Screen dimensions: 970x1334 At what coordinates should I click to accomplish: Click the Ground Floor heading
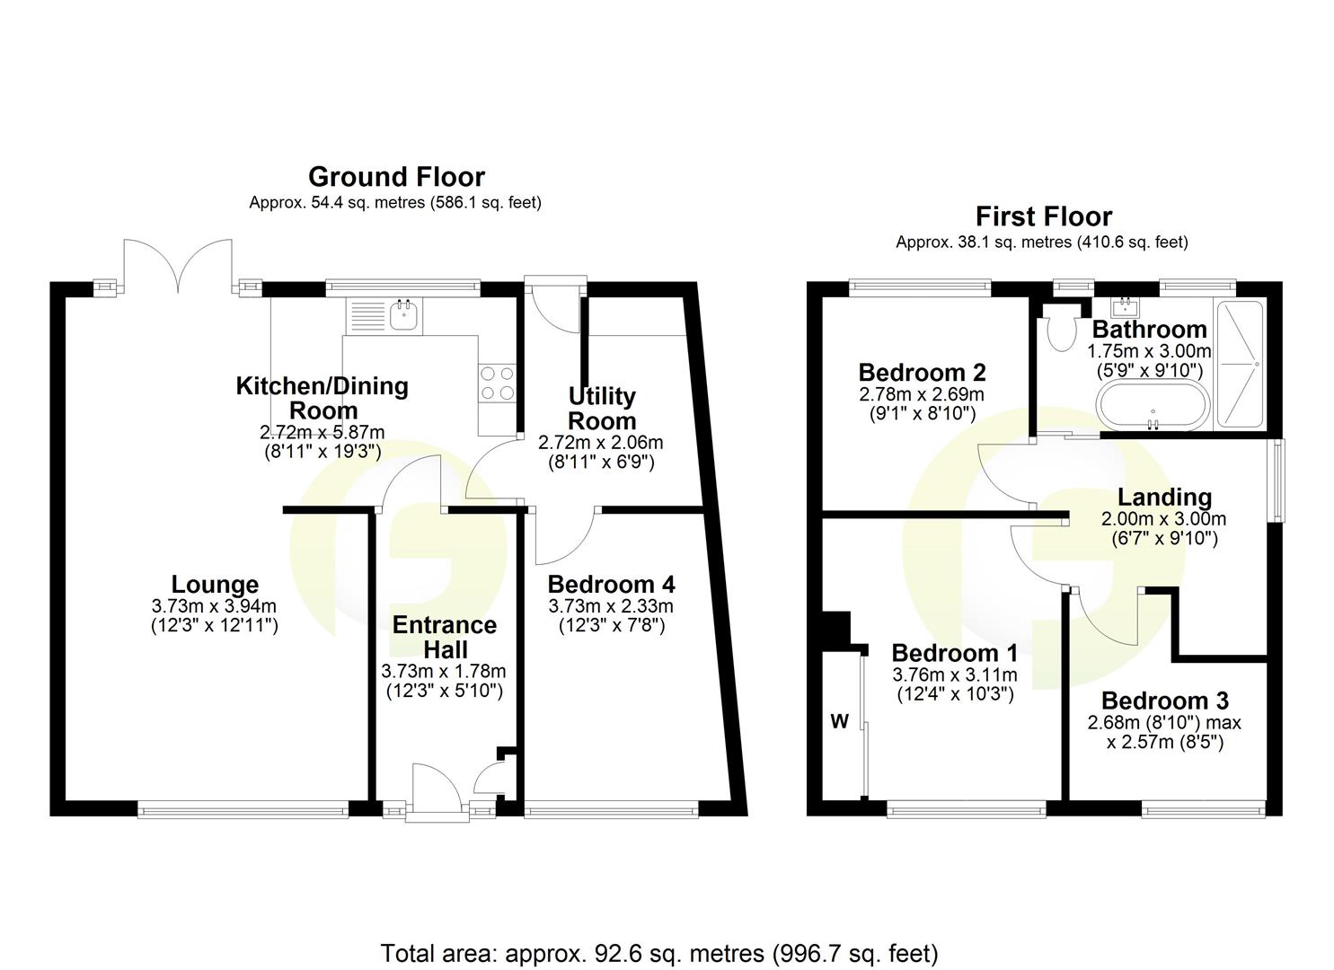tap(396, 176)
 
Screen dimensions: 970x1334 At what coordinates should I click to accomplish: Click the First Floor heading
tap(1044, 216)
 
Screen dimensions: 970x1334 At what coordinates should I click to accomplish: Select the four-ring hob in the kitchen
tap(497, 384)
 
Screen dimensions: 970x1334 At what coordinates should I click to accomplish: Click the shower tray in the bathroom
tap(1239, 363)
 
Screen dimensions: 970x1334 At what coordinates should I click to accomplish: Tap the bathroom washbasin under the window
tap(1126, 306)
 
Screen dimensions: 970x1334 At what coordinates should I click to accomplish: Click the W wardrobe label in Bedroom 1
tap(839, 722)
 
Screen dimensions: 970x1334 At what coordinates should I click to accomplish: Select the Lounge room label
tap(215, 586)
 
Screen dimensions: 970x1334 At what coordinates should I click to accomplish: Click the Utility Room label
tap(601, 409)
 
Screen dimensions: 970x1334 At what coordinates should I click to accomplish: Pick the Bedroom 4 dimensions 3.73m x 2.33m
tap(611, 606)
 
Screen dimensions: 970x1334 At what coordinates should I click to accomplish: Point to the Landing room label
tap(1164, 497)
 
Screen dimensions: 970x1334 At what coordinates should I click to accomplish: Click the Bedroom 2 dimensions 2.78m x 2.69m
tap(922, 394)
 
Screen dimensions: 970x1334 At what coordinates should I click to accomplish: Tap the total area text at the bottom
tap(659, 953)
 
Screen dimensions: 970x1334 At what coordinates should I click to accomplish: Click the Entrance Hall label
tap(444, 637)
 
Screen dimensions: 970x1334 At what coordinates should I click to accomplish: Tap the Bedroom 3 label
tap(1164, 701)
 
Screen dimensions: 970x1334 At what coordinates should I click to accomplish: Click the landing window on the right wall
tap(1277, 480)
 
